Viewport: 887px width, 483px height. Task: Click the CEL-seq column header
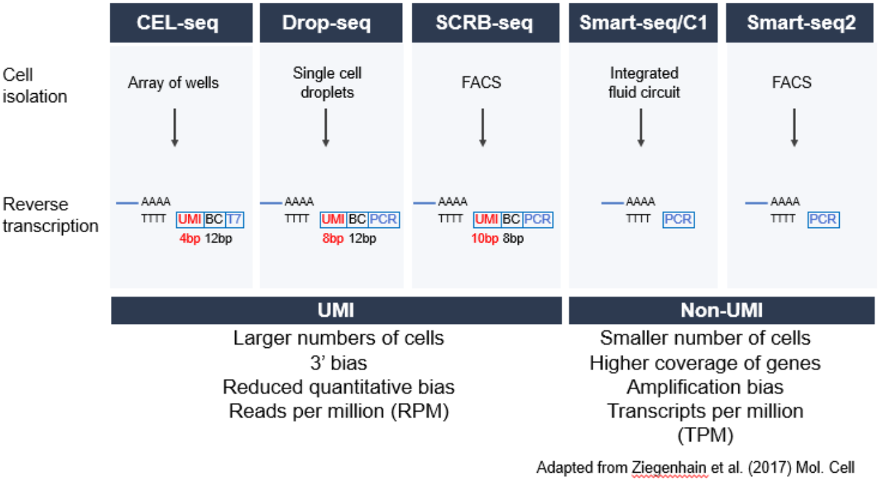click(181, 23)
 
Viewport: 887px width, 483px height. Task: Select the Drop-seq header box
click(331, 23)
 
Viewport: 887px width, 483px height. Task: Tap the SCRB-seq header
click(486, 23)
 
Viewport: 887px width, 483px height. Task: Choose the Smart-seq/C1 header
click(643, 23)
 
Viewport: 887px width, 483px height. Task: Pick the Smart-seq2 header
click(799, 23)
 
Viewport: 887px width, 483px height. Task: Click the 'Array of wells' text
click(173, 83)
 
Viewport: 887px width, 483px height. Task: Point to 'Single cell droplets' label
click(327, 83)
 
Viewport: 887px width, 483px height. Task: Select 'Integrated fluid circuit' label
click(644, 83)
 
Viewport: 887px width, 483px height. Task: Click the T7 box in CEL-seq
click(234, 219)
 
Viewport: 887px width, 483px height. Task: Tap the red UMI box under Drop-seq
click(334, 219)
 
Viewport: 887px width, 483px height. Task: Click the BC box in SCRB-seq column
click(511, 219)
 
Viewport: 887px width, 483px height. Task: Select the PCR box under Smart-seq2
click(823, 219)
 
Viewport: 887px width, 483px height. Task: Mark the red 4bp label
click(190, 239)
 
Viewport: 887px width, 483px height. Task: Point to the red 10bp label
click(485, 239)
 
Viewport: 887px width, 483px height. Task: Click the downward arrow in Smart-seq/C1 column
click(640, 127)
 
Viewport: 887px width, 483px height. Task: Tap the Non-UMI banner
click(721, 310)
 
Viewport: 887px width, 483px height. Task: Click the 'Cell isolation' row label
click(35, 86)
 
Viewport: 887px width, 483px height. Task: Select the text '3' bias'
click(338, 363)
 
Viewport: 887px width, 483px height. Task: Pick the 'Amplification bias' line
click(705, 387)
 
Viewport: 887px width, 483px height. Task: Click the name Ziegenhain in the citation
click(670, 468)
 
